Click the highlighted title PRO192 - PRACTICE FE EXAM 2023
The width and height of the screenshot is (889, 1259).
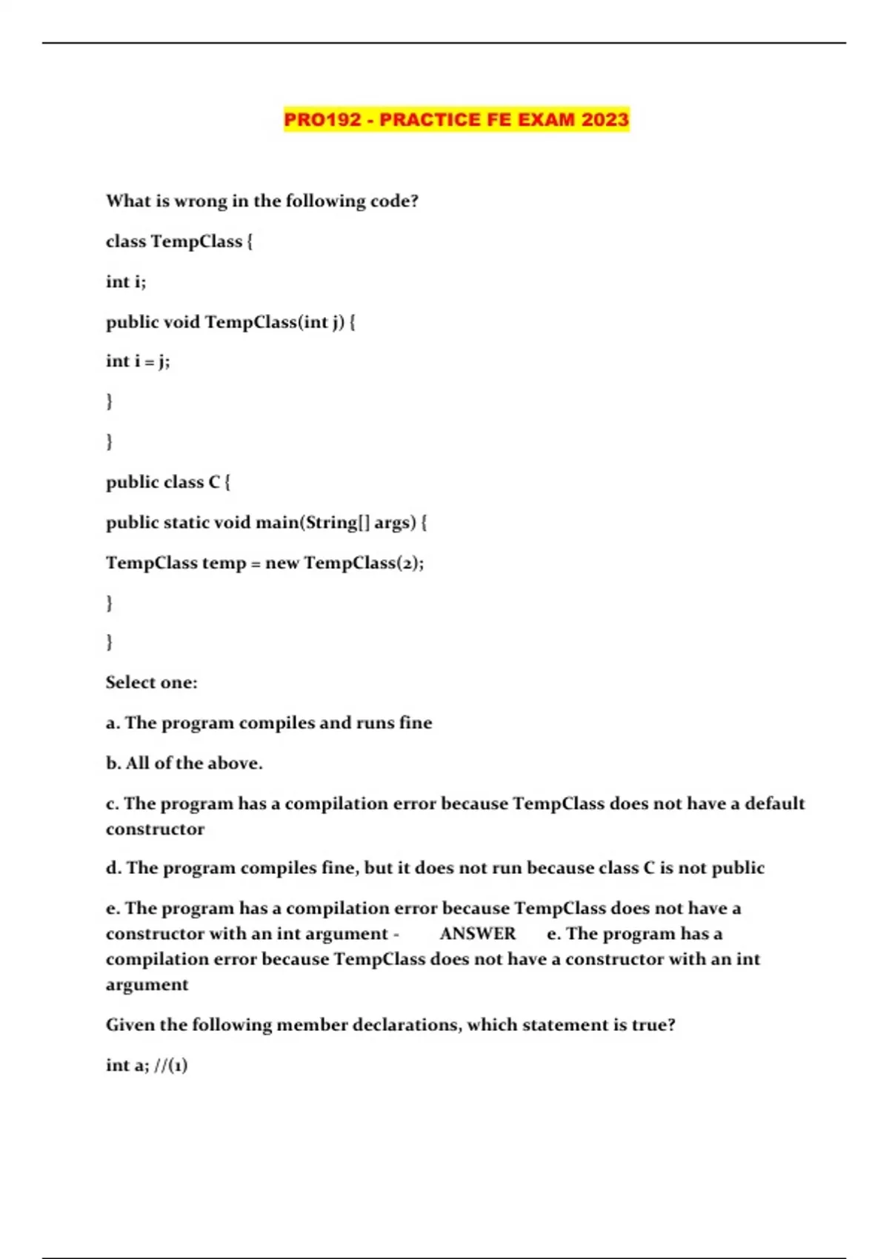pyautogui.click(x=456, y=119)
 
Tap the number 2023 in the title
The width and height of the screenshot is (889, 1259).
pyautogui.click(x=605, y=119)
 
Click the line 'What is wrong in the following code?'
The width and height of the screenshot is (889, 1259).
pyautogui.click(x=262, y=201)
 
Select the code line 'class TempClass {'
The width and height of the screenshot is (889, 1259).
pyautogui.click(x=179, y=241)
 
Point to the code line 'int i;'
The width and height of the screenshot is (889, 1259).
pyautogui.click(x=126, y=281)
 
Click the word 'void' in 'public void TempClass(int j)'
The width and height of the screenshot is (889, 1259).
pyautogui.click(x=182, y=322)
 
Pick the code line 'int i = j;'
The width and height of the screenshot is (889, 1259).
pyautogui.click(x=138, y=361)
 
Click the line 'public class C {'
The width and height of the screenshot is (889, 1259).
pyautogui.click(x=168, y=482)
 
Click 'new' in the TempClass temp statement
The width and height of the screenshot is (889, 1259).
pyautogui.click(x=282, y=563)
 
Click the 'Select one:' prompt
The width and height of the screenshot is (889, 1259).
pyautogui.click(x=152, y=682)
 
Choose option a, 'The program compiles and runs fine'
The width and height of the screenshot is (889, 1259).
pyautogui.click(x=269, y=723)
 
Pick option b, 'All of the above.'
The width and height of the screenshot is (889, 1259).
pyautogui.click(x=184, y=763)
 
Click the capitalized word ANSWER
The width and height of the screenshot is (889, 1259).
pyautogui.click(x=478, y=934)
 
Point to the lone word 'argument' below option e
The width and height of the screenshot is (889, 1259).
pyautogui.click(x=147, y=985)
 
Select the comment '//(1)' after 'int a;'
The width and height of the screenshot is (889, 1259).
pyautogui.click(x=170, y=1066)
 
